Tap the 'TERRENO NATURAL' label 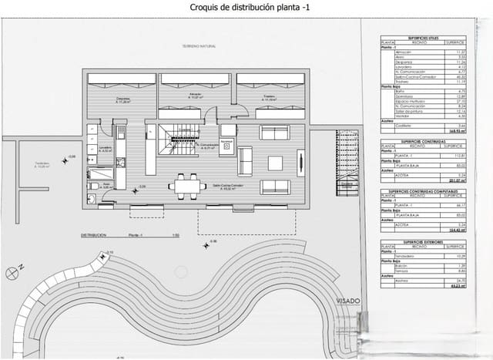199,46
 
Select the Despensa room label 122,99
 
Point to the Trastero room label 268,97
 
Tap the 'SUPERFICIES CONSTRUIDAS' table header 424,143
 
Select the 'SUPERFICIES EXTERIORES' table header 424,241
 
